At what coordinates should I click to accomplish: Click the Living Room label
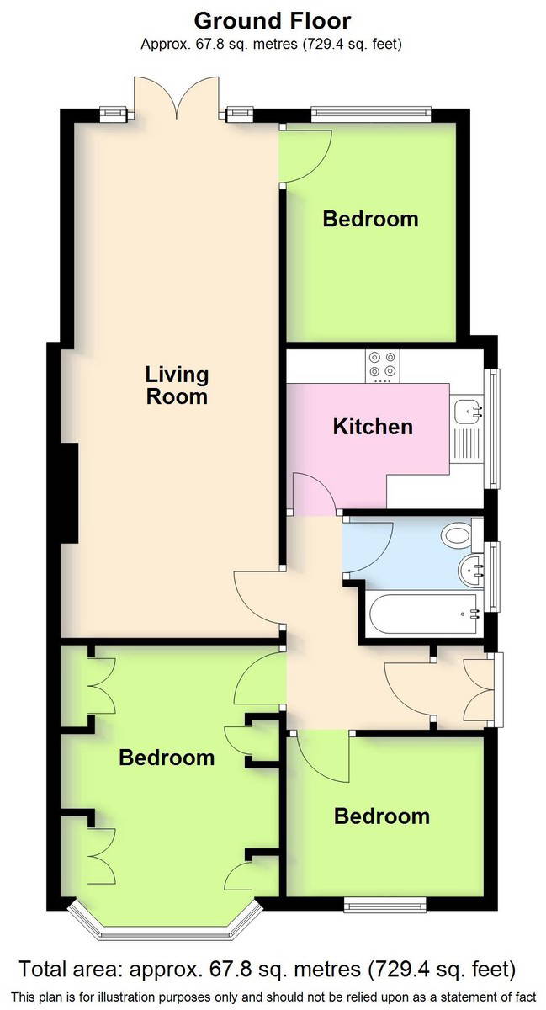click(x=177, y=385)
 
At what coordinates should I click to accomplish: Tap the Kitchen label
click(x=373, y=427)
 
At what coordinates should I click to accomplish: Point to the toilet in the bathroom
click(x=461, y=535)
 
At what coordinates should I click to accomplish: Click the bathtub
click(x=424, y=614)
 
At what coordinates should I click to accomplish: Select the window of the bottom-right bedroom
click(x=385, y=905)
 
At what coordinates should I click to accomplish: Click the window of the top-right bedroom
click(x=371, y=114)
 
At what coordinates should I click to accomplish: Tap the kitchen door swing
click(x=315, y=493)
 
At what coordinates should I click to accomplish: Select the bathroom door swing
click(x=368, y=547)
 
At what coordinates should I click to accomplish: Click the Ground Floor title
click(x=273, y=21)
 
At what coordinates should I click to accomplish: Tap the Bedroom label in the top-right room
click(x=371, y=219)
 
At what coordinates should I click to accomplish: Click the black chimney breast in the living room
click(x=70, y=493)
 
